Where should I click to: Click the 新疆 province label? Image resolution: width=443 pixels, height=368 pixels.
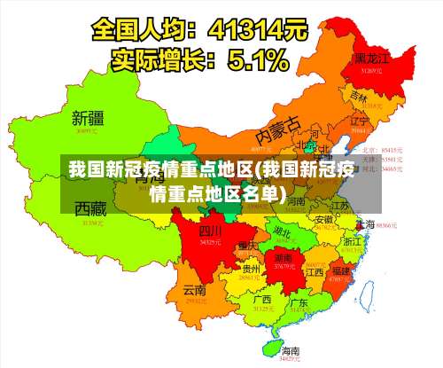89,117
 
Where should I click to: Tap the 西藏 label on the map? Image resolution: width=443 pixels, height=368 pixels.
90,210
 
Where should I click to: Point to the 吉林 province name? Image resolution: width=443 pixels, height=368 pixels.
358,95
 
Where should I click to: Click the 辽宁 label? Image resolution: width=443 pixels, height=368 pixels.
359,120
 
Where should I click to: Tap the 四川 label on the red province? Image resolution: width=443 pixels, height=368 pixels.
209,231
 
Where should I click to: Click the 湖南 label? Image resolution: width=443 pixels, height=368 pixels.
284,255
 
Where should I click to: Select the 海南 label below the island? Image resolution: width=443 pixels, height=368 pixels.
290,350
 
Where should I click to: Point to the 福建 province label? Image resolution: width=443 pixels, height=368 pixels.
339,269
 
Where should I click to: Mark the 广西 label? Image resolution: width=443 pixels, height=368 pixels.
261,300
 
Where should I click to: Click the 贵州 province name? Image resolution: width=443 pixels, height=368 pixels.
251,268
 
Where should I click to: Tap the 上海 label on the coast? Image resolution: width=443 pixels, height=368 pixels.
364,224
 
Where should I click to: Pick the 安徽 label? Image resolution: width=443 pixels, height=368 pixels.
324,219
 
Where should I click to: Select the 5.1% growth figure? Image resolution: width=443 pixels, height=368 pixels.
257,60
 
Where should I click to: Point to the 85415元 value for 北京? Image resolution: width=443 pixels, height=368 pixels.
392,150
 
